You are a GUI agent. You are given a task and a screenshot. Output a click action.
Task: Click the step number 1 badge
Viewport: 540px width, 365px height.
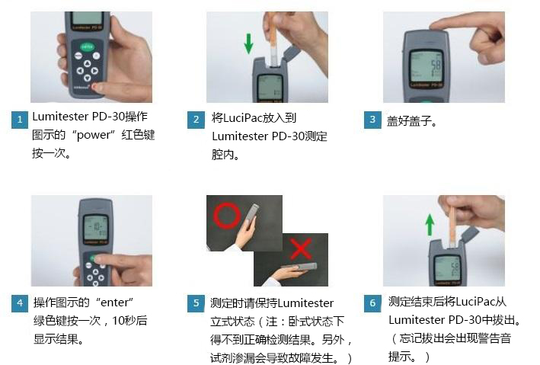coord(19,120)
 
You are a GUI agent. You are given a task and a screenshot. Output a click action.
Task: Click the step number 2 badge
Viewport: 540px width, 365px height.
coord(196,120)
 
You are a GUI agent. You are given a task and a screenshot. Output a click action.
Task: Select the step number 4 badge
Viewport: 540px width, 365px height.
coord(19,303)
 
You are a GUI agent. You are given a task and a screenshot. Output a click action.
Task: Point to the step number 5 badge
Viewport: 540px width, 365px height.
coord(196,303)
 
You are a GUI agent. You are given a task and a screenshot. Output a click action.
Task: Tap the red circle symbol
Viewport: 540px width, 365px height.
coord(227,216)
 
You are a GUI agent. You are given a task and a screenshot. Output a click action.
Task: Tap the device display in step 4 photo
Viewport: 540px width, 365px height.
coord(94,228)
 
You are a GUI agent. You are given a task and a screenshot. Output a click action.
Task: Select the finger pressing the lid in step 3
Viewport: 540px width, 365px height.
coord(446,27)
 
